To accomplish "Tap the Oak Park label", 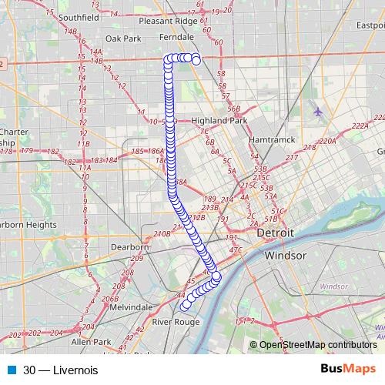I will click(123, 38).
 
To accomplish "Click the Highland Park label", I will click(219, 121).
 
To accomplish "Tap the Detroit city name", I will click(276, 233).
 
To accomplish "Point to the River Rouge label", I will click(176, 321).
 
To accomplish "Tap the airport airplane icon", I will click(318, 112).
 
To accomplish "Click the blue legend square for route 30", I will click(12, 370).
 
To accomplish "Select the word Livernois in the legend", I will click(76, 370).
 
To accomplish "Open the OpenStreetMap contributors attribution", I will click(317, 345).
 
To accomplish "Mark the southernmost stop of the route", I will click(185, 306).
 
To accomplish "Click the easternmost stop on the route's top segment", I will click(196, 59).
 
